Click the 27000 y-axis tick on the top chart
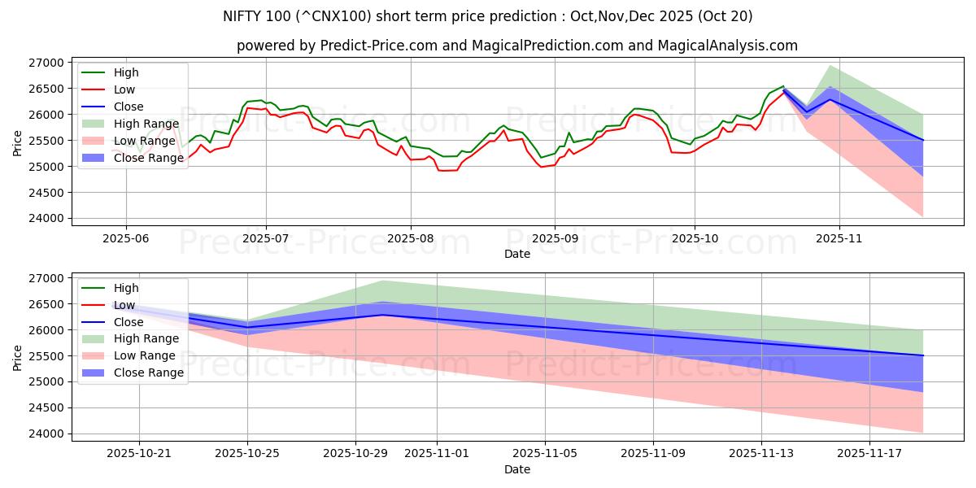pyautogui.click(x=45, y=63)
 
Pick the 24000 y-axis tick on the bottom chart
pyautogui.click(x=45, y=434)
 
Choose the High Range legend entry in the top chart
pyautogui.click(x=146, y=124)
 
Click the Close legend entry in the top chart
pyautogui.click(x=129, y=107)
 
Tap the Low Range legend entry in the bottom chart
pyautogui.click(x=145, y=355)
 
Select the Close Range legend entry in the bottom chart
pyautogui.click(x=149, y=373)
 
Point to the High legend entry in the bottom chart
pyautogui.click(x=126, y=288)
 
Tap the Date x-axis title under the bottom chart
pyautogui.click(x=517, y=469)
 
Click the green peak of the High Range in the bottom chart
pyautogui.click(x=382, y=281)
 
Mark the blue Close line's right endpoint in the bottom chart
pyautogui.click(x=923, y=355)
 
